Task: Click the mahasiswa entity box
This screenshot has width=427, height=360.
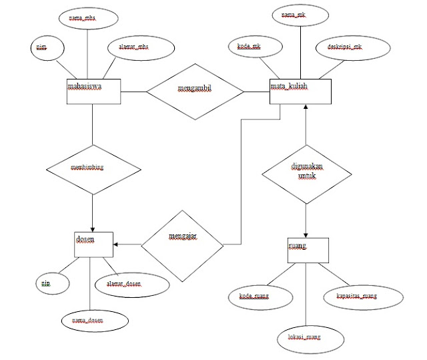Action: click(93, 92)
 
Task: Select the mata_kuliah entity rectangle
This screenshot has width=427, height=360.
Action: click(300, 92)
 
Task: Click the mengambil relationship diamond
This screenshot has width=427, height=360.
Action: click(195, 91)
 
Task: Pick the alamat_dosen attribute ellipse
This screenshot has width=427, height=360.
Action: click(125, 284)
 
